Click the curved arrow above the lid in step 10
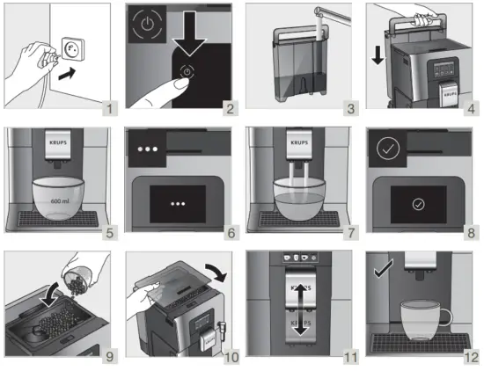(214, 270)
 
